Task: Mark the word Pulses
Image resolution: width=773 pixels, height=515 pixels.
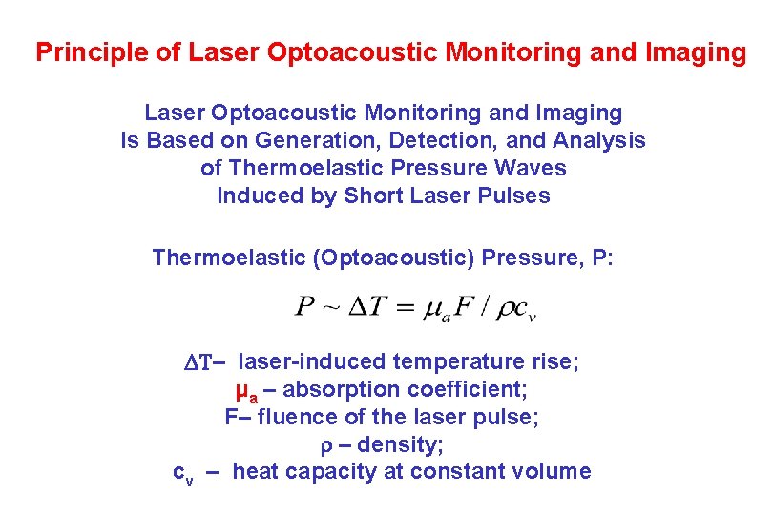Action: coord(517,196)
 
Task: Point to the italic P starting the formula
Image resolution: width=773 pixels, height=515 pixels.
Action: coord(305,306)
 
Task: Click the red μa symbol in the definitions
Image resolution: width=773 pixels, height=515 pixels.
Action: coord(245,391)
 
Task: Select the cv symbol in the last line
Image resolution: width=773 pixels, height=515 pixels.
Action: coord(182,473)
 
